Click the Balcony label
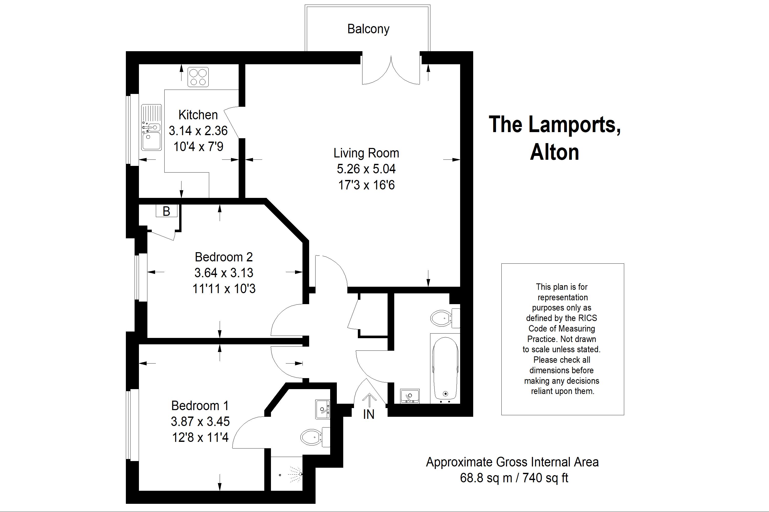[x=368, y=29]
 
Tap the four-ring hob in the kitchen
[x=198, y=77]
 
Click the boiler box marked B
[x=166, y=211]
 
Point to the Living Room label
[x=366, y=153]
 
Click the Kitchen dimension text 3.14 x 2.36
[x=198, y=131]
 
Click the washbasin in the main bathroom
[x=410, y=396]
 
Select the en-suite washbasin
[x=322, y=409]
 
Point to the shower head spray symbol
[x=295, y=473]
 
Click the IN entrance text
[x=369, y=414]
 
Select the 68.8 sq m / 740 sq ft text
[x=514, y=478]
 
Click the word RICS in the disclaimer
[x=588, y=318]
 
